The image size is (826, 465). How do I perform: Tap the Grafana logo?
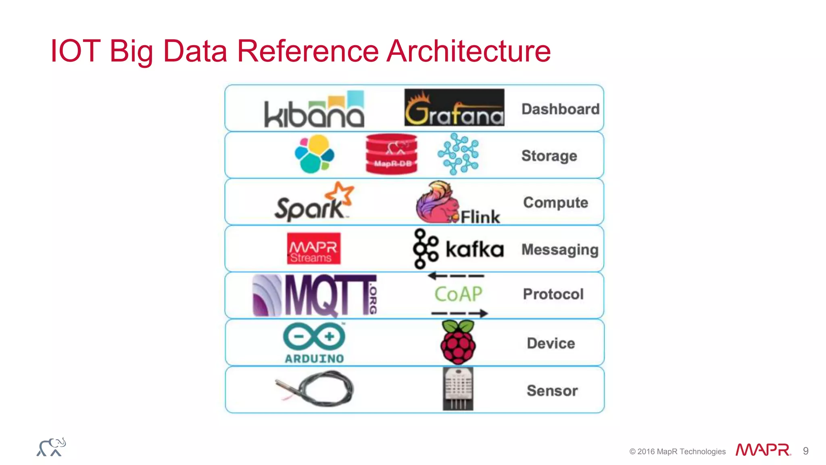coord(454,107)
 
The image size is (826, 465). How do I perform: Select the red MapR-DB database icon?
coord(391,154)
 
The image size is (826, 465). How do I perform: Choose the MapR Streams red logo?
coord(313,249)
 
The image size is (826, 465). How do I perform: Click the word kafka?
coord(475,249)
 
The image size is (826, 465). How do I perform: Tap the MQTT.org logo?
coord(315,295)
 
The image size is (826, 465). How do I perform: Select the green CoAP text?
coord(458,294)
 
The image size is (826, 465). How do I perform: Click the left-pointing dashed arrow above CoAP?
coord(456,276)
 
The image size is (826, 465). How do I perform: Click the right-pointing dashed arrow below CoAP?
coord(459,313)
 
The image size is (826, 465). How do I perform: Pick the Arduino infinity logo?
coord(314,337)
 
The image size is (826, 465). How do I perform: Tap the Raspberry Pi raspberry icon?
coord(458,342)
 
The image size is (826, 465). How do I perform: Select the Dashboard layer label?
coord(560,109)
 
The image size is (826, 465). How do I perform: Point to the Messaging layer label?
coord(560,249)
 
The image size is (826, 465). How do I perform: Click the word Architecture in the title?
coord(468,51)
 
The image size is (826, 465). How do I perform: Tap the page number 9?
coord(805,451)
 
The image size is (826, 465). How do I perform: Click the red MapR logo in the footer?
coord(763,450)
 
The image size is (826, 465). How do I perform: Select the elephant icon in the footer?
coord(51,447)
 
